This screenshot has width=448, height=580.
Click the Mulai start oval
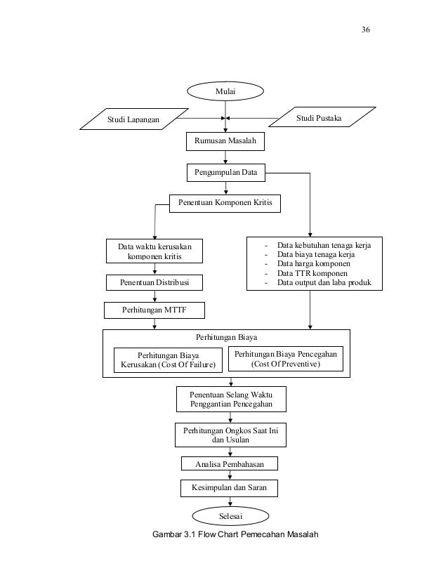coord(225,91)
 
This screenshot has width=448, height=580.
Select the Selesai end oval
coord(230,516)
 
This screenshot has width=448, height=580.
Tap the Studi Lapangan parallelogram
coord(134,119)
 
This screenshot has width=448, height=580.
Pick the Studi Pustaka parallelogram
coord(322,117)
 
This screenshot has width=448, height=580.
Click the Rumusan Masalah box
coord(225,141)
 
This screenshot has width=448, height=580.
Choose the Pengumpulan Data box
coord(226,172)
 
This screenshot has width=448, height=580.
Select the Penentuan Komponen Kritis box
coord(225,203)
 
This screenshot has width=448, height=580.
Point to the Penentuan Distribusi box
coord(154,282)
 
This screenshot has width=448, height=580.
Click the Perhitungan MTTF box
coord(154,310)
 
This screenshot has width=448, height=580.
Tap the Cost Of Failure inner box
coord(168,360)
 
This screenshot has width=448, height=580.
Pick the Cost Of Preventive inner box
coord(286,359)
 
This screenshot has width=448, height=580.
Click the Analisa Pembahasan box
coord(230,464)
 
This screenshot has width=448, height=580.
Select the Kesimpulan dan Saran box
coord(230,488)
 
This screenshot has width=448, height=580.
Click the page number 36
coord(366,29)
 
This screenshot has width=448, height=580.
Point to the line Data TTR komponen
coord(312,273)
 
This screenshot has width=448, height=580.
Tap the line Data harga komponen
coord(314,264)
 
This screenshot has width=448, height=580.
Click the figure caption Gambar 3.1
coord(235,534)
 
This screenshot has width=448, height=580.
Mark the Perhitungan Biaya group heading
coord(226,337)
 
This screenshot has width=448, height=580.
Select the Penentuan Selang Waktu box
coord(231,399)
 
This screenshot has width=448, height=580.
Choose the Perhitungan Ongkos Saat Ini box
coord(230,435)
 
